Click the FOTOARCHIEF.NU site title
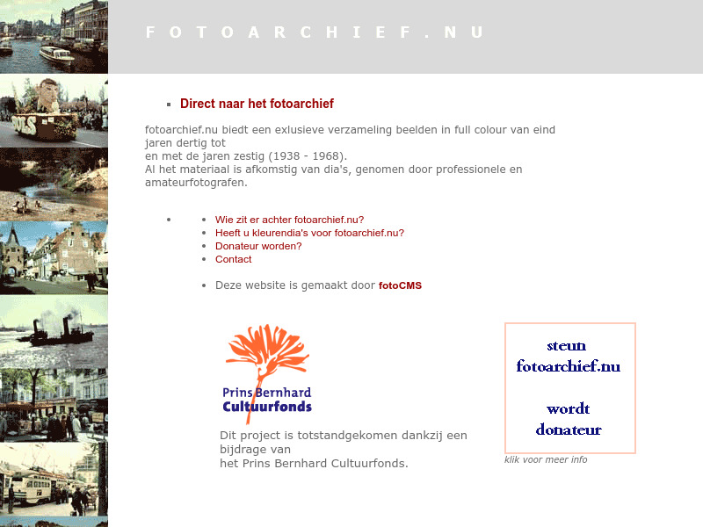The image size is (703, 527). click(315, 32)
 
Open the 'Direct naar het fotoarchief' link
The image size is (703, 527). click(257, 104)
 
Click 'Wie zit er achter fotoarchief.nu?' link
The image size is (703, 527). click(289, 220)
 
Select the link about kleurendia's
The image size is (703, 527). click(309, 234)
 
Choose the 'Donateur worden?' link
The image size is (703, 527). click(258, 247)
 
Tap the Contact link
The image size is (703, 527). click(233, 260)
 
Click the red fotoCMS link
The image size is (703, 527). click(400, 285)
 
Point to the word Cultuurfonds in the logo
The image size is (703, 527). click(267, 407)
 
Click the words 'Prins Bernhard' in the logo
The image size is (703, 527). click(267, 393)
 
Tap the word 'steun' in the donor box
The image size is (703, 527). click(566, 345)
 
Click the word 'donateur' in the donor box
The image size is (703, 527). click(569, 430)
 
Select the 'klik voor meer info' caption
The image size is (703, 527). click(546, 460)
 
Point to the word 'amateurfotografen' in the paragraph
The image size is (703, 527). click(195, 183)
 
